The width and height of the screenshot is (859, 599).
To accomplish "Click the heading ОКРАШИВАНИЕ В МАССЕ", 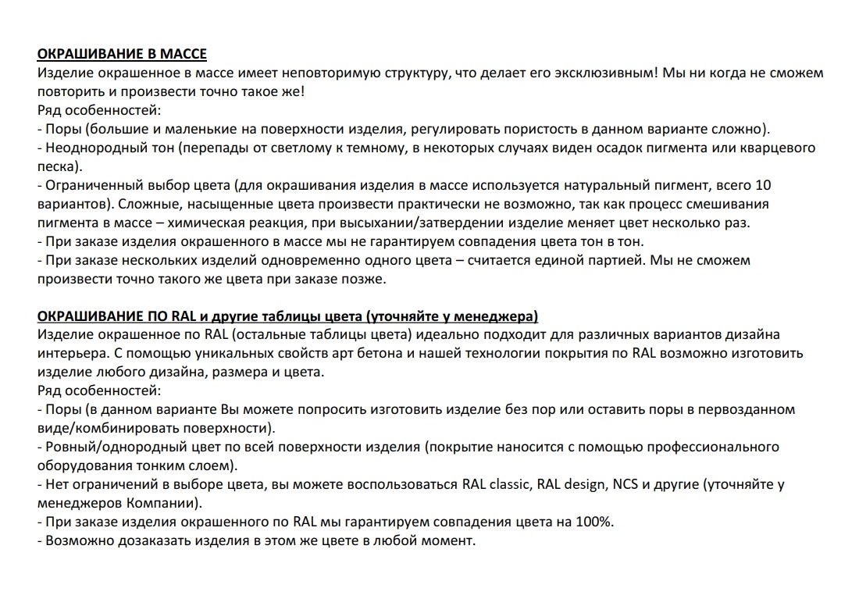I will point(122,55).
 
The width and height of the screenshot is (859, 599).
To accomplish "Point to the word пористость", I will point(546,129).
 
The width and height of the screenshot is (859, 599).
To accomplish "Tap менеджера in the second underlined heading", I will point(498,316).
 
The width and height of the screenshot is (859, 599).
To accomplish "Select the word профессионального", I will point(710,447).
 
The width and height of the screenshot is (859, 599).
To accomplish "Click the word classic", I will point(508,484).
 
